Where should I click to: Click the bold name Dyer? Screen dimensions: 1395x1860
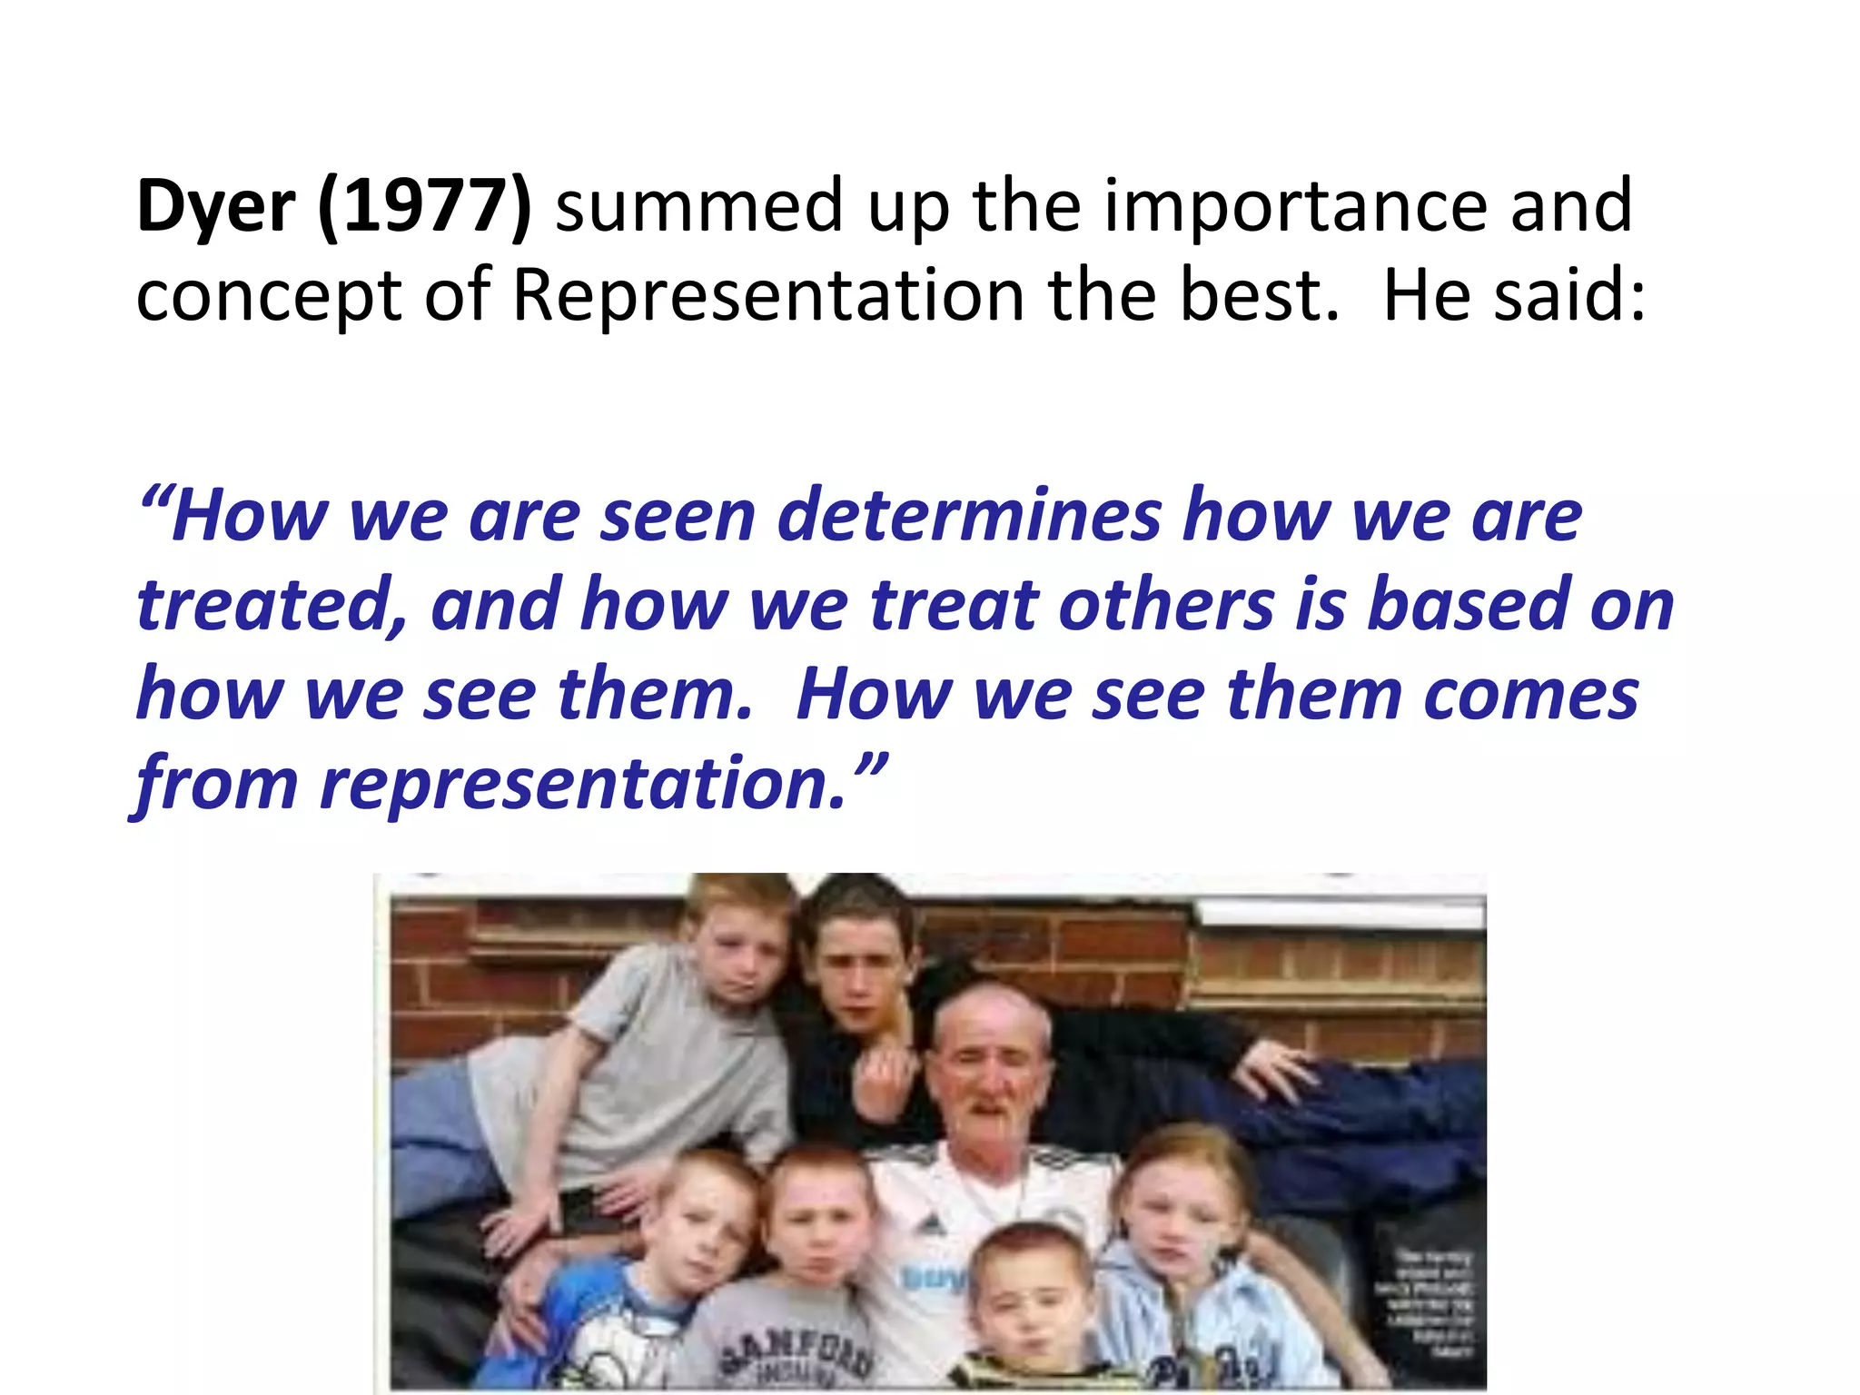tap(215, 208)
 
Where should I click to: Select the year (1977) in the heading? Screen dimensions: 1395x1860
tap(425, 208)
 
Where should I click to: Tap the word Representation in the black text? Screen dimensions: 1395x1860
tap(768, 296)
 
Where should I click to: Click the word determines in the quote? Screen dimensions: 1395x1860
tap(969, 516)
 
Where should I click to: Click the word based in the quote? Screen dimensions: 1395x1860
tap(1469, 605)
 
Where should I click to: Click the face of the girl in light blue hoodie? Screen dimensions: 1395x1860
tap(1181, 1222)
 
